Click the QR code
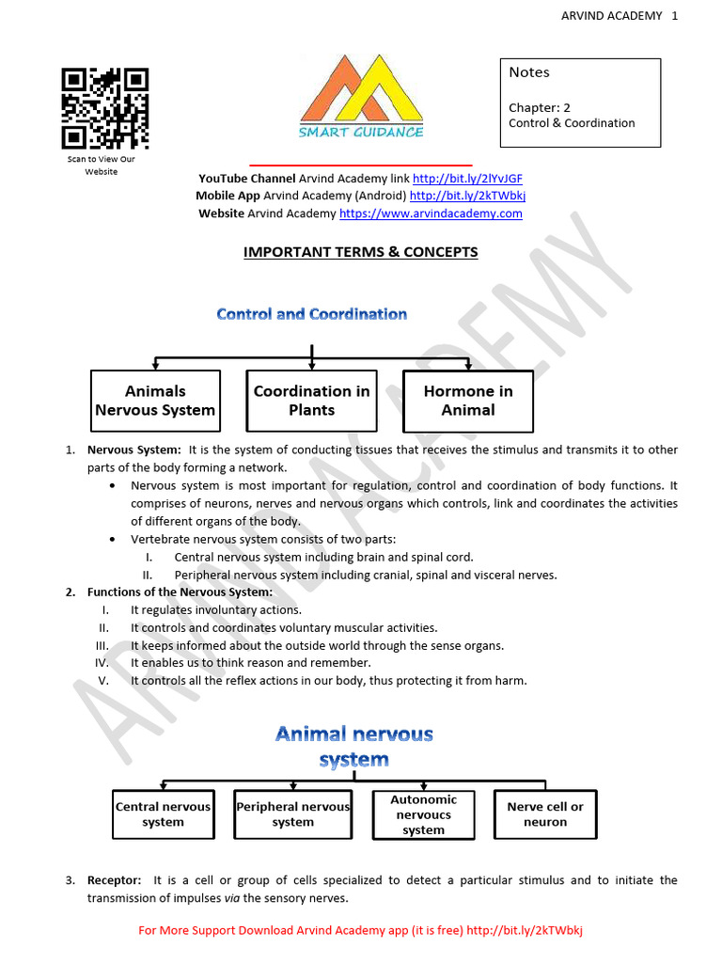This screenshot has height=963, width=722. click(105, 108)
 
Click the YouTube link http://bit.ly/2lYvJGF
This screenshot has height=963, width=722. click(467, 179)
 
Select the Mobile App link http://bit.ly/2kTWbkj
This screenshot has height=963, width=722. click(467, 196)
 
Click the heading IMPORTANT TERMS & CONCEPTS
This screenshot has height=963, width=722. click(361, 252)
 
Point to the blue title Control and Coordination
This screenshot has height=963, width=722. click(311, 314)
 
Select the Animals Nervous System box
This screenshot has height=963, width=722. click(155, 401)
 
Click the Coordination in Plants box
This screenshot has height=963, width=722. click(311, 401)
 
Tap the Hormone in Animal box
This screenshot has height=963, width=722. click(467, 401)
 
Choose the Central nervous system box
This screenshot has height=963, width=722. click(163, 814)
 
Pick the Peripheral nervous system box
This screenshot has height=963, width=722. click(292, 814)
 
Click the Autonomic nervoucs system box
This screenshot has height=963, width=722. click(423, 814)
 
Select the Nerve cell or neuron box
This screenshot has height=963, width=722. click(545, 814)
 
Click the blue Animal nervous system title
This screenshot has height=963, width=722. click(353, 746)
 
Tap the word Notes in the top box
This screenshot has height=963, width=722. click(529, 72)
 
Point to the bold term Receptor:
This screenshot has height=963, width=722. click(115, 880)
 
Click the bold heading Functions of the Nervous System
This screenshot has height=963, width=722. click(180, 592)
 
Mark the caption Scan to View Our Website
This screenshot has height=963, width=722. click(102, 166)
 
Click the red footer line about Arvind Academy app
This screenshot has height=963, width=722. click(361, 931)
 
